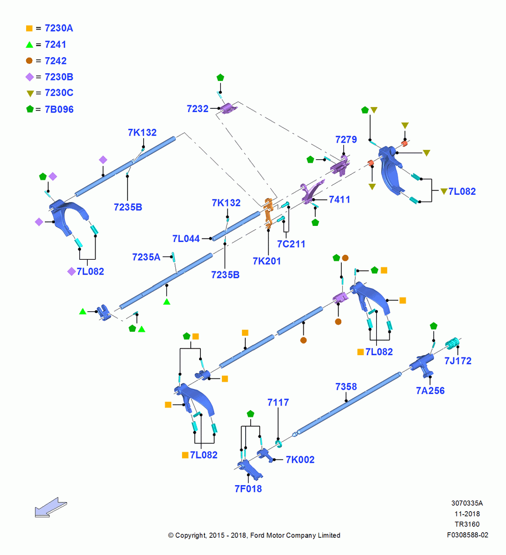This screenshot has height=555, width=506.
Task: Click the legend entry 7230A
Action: tap(59, 28)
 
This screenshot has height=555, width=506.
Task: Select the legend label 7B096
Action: tap(59, 109)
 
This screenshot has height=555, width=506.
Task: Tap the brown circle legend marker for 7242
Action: tap(29, 61)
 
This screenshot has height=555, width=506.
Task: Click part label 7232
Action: tap(198, 109)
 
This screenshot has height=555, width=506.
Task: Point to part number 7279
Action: tap(346, 139)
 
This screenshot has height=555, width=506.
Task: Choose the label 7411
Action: tap(340, 200)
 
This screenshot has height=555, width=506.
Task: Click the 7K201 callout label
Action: tap(267, 261)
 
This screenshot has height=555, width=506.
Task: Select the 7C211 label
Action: tap(291, 244)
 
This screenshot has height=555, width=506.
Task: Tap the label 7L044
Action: tap(186, 239)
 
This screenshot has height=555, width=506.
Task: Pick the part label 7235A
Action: tap(146, 257)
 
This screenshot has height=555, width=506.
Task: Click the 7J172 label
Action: tap(458, 361)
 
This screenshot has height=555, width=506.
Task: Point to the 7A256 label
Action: tap(431, 391)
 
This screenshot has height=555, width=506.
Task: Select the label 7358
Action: tap(346, 386)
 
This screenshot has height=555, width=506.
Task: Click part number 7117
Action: tap(278, 402)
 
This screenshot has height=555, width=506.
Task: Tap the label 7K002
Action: tap(300, 460)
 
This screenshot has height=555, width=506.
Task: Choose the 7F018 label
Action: tap(249, 489)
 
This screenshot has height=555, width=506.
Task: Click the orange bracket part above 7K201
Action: tap(269, 213)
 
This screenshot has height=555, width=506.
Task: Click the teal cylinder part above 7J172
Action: tap(452, 343)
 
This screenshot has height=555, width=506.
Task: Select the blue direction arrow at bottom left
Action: tap(50, 508)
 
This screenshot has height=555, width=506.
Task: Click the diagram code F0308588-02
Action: tap(467, 535)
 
